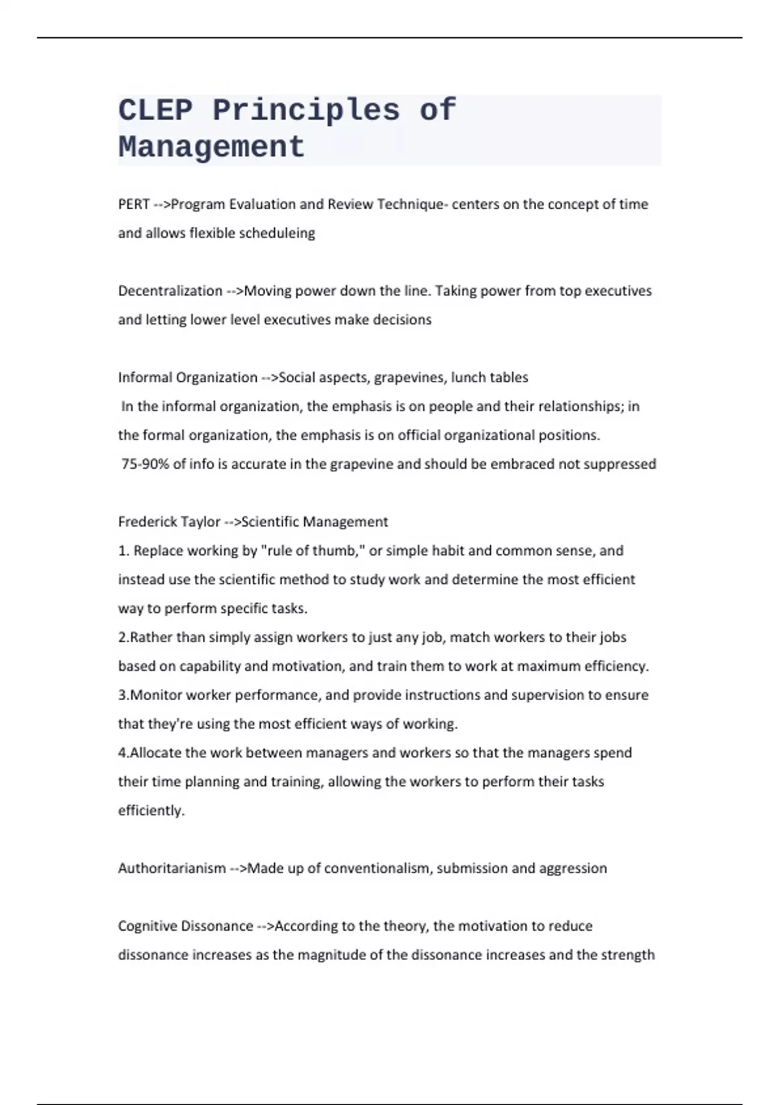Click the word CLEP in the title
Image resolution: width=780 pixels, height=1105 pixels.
[x=155, y=110]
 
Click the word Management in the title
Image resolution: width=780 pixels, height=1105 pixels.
[x=211, y=147]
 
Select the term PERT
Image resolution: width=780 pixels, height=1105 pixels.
[x=134, y=204]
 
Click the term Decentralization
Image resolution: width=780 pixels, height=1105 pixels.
[x=170, y=291]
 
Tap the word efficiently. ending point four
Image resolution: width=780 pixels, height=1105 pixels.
[x=151, y=810]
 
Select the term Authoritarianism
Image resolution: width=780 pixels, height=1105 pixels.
[x=172, y=868]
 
